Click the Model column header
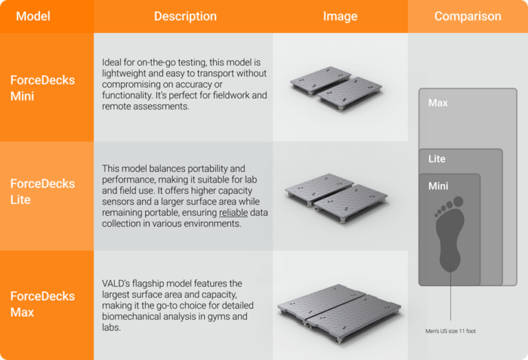click(x=33, y=16)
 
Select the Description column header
click(x=185, y=16)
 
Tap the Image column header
click(x=340, y=16)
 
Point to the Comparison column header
click(x=467, y=16)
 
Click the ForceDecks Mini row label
click(x=43, y=88)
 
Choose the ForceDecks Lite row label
click(x=43, y=192)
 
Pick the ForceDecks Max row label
click(x=43, y=304)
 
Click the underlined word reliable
click(x=234, y=213)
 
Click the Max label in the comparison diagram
click(x=438, y=103)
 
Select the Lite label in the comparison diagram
click(x=437, y=159)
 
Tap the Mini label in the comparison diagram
click(x=438, y=186)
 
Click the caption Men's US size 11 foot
click(x=450, y=331)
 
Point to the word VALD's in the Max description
click(x=118, y=284)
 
